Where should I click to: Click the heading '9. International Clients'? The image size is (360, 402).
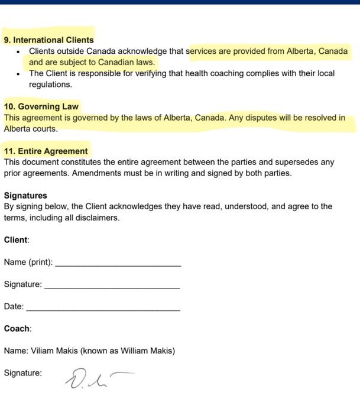[x=48, y=40]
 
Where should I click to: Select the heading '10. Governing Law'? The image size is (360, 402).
[x=41, y=107]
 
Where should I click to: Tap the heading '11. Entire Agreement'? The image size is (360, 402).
[x=46, y=151]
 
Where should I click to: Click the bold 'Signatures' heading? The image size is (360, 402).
[x=25, y=196]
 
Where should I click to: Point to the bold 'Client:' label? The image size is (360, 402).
[x=17, y=240]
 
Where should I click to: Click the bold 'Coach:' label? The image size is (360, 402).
[x=18, y=329]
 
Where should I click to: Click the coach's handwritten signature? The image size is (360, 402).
[x=95, y=377]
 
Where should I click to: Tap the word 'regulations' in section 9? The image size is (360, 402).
[x=50, y=85]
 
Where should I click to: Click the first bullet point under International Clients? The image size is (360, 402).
[x=20, y=51]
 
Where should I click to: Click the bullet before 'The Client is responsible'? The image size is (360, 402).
[x=20, y=74]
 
